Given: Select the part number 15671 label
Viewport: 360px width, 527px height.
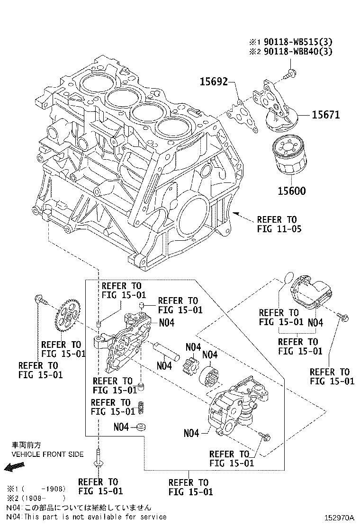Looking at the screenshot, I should (x=325, y=115).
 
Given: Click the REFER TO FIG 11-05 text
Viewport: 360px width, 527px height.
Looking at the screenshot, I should (x=278, y=224).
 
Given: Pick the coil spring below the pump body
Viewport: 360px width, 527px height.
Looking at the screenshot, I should (x=140, y=407).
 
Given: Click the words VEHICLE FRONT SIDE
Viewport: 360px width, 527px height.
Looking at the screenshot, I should (x=47, y=454).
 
